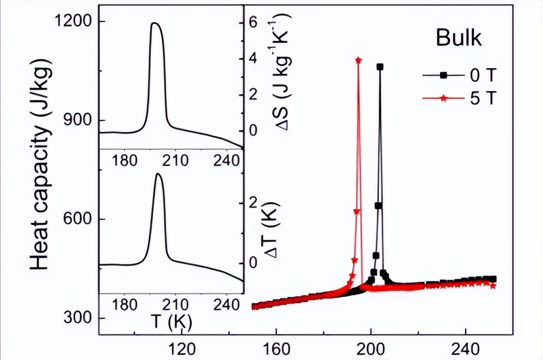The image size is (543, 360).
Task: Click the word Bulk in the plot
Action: (459, 38)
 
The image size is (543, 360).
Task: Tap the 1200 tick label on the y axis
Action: (75, 22)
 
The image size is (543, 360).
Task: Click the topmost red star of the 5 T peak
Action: (359, 60)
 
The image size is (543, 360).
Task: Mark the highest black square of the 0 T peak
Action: (380, 67)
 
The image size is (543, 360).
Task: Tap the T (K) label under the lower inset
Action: (172, 322)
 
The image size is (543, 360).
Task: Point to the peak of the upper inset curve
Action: (155, 23)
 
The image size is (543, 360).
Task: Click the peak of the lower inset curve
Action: (158, 175)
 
